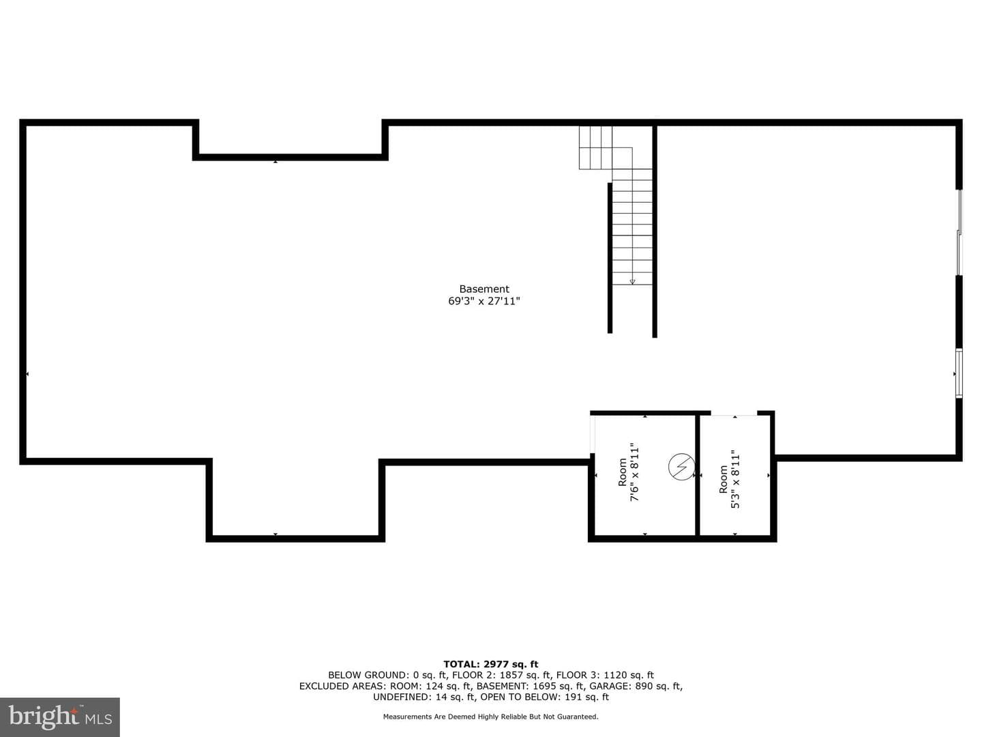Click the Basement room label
(x=484, y=289)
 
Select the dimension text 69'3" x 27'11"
(x=484, y=301)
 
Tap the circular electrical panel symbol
(x=681, y=467)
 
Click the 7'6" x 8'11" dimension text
(x=635, y=472)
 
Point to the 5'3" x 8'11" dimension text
(x=736, y=479)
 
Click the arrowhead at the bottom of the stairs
(x=632, y=281)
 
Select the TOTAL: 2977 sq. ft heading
(x=491, y=664)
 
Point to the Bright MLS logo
(x=59, y=717)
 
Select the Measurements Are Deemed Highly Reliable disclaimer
(x=490, y=717)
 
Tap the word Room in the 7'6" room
(x=623, y=472)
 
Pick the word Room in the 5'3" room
(x=723, y=479)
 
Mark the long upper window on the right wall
(x=959, y=233)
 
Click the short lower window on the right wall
(x=959, y=373)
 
